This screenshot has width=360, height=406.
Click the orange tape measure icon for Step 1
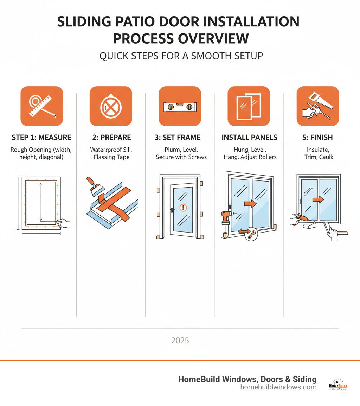tap(42, 106)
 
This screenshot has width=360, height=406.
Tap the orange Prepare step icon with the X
tap(111, 106)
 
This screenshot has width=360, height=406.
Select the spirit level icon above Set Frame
tap(180, 106)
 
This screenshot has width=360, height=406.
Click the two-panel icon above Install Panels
tap(249, 106)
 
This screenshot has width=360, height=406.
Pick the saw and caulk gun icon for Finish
tap(317, 106)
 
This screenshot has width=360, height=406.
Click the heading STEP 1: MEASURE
tap(41, 138)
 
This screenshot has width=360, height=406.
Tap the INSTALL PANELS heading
tap(249, 138)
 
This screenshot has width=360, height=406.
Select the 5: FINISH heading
tap(317, 138)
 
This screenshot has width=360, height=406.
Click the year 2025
tap(180, 341)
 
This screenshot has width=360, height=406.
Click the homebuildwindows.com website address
tap(278, 387)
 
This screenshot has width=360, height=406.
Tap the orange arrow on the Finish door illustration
tap(318, 199)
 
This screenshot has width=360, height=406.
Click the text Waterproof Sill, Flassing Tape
tap(111, 153)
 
